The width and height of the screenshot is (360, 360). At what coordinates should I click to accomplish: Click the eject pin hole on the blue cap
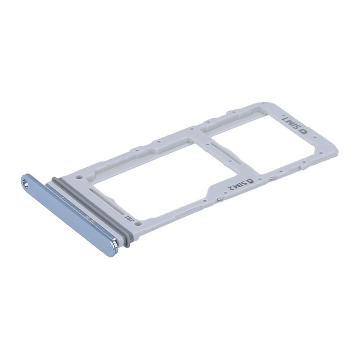25,182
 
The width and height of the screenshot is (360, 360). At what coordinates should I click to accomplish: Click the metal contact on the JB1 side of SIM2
218,198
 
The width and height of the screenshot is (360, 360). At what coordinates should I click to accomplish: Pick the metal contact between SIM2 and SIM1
271,179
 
